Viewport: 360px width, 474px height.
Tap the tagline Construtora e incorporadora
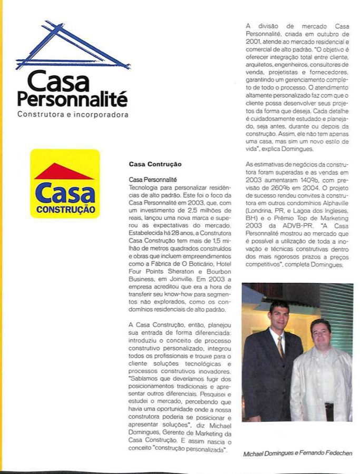pos(73,114)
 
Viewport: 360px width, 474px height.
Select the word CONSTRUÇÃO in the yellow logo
pos(65,209)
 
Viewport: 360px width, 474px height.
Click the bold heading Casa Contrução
pos(155,164)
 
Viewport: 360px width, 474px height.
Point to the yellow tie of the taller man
pos(280,348)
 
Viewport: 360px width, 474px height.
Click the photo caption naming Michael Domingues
pos(297,453)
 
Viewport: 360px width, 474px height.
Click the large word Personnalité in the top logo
pos(72,98)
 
